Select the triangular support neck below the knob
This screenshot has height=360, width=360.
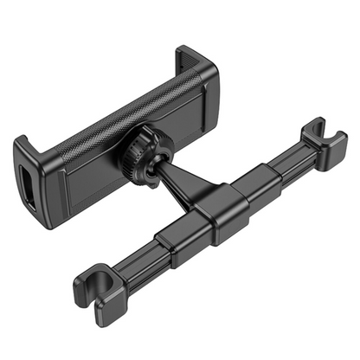point(186,186)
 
